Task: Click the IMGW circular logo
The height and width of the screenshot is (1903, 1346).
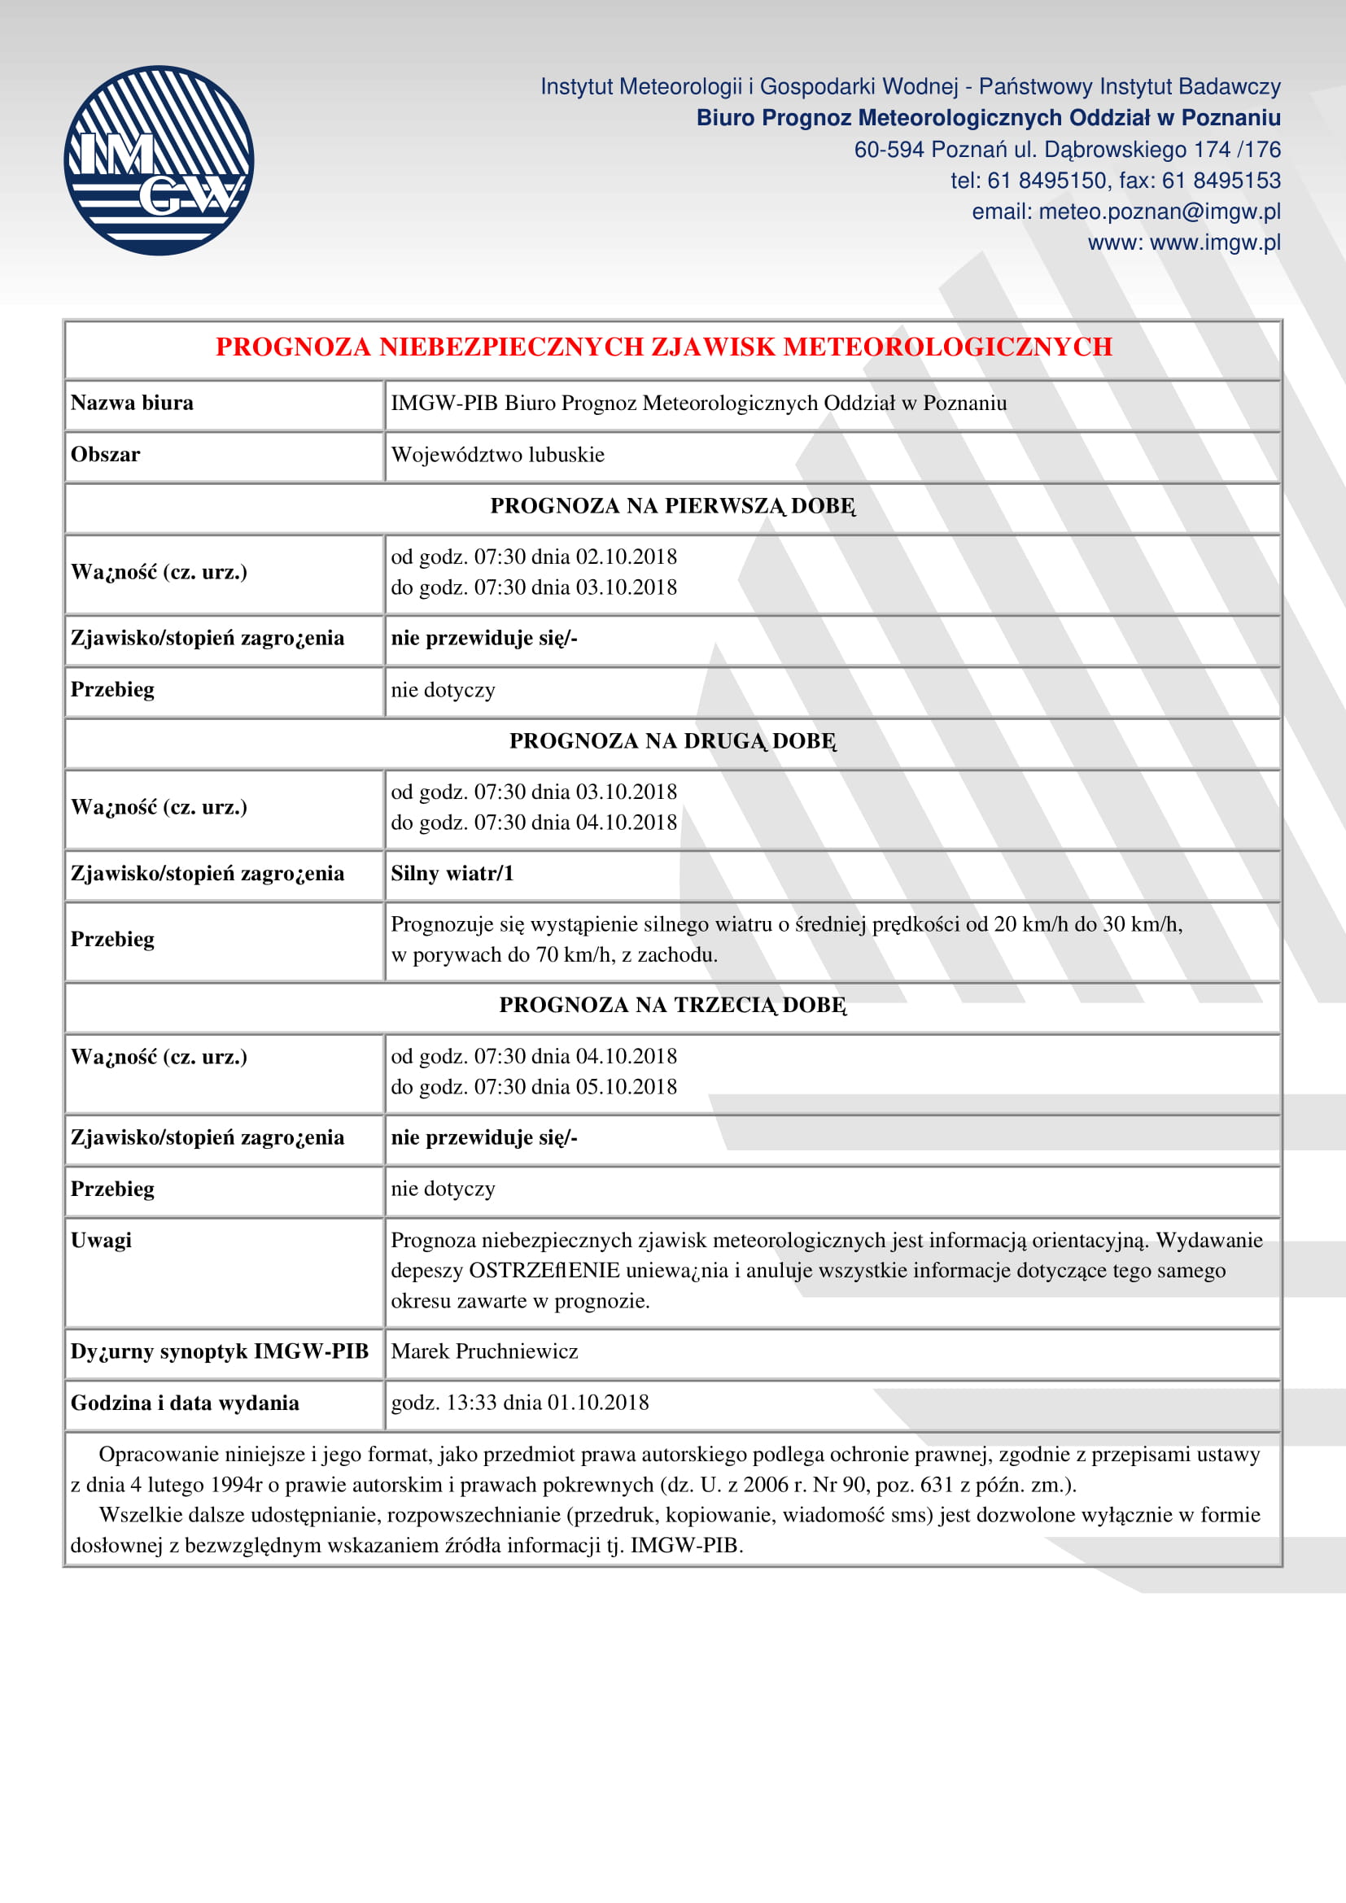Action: click(159, 161)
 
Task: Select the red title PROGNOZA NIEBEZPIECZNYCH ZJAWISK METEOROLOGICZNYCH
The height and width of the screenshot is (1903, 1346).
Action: click(663, 347)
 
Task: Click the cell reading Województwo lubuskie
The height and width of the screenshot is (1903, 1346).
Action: click(497, 455)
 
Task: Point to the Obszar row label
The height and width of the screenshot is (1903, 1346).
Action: click(105, 455)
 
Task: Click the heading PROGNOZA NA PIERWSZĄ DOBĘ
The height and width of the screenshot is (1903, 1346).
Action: click(672, 506)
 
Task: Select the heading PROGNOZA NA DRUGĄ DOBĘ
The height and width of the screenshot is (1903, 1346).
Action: click(672, 741)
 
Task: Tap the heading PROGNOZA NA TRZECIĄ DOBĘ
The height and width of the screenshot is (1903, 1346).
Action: click(672, 1006)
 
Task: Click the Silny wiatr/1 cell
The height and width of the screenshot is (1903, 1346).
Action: click(452, 874)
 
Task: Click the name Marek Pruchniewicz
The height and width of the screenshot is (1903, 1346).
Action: click(484, 1352)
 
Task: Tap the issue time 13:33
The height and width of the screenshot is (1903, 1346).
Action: click(472, 1403)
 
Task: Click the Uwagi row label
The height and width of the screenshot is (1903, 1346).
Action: click(101, 1241)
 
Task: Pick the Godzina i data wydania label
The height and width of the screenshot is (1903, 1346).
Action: click(185, 1403)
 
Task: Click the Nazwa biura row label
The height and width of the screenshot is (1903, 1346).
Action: click(132, 403)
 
